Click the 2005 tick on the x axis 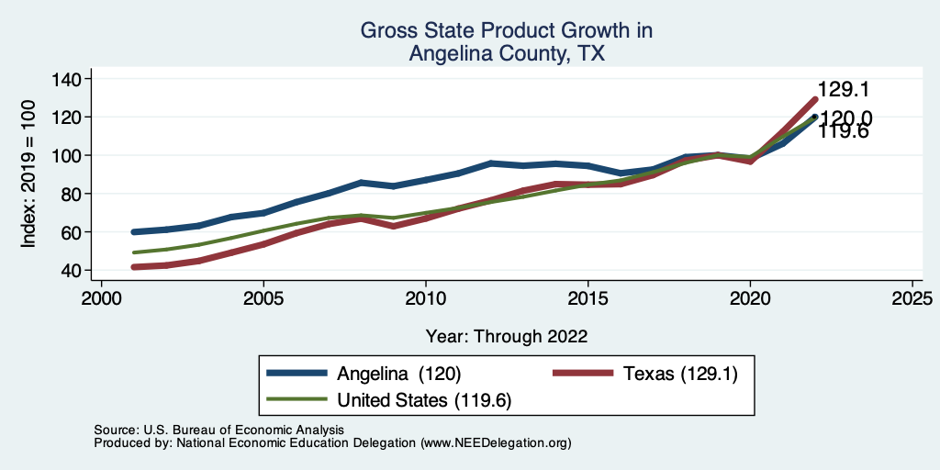coord(263,299)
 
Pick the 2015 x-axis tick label coord(587,299)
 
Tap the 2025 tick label coord(912,299)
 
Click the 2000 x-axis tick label coord(101,299)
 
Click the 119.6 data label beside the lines coord(844,133)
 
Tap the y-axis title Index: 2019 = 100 coord(28,174)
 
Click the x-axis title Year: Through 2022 coord(507,336)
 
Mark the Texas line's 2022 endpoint coord(814,99)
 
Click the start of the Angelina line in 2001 coord(134,232)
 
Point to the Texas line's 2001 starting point coord(134,267)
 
